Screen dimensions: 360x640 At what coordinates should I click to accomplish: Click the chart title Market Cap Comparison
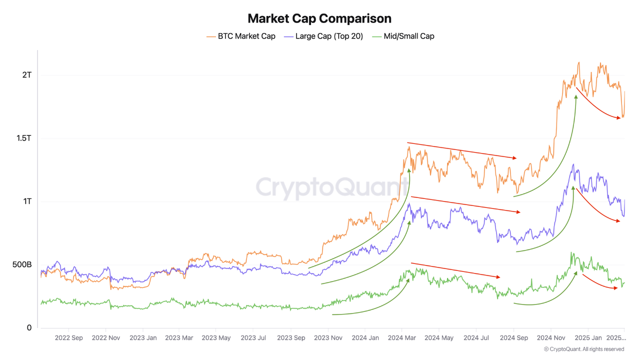coord(319,18)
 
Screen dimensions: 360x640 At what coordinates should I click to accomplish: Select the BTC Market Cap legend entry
coord(246,36)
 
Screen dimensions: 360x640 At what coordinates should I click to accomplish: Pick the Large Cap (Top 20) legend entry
coord(329,36)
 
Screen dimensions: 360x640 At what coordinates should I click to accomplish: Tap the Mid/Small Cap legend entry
coord(409,36)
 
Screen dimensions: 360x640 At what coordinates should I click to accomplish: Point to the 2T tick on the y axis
coord(26,75)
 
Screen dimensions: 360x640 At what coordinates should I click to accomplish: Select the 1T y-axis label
coord(26,201)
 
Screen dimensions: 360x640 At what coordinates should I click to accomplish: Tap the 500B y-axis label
coord(21,264)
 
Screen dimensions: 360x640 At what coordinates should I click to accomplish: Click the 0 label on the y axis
coord(29,328)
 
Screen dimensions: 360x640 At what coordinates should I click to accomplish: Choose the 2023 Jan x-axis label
coord(143,337)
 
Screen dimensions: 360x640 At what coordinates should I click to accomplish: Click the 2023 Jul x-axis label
coord(254,337)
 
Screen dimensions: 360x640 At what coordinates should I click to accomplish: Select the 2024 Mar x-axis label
coord(402,337)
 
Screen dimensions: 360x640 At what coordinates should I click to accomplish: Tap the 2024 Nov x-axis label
coord(551,337)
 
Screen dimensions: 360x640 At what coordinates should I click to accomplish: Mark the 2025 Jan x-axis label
coord(588,337)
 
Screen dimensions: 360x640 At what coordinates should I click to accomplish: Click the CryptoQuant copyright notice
coord(583,349)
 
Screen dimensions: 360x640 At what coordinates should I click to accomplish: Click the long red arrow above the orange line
coord(461,150)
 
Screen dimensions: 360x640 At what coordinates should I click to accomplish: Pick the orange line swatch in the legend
coord(211,36)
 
